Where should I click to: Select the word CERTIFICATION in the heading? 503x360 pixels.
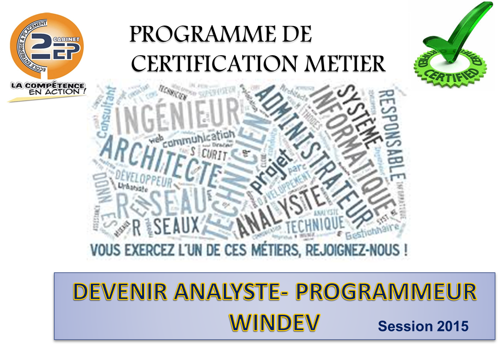tap(214, 65)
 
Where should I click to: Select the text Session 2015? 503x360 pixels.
tap(423, 326)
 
